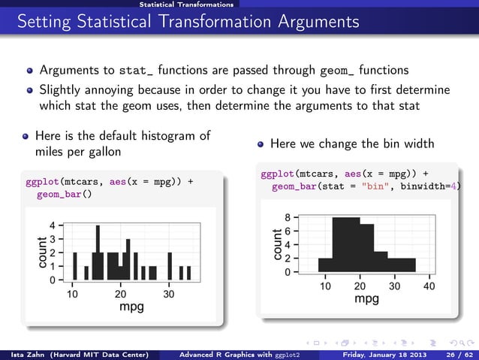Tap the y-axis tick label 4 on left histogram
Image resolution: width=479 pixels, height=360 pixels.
pos(52,225)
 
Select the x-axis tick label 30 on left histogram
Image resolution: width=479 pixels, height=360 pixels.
pos(169,294)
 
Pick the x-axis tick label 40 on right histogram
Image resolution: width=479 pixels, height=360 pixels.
pos(429,286)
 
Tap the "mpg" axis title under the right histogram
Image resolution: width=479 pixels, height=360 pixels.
pos(366,299)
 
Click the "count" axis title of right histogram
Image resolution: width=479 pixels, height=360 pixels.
pos(278,245)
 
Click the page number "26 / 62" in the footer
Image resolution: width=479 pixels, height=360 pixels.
pos(458,354)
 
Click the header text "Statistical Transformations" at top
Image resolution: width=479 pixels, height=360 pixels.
pos(186,5)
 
